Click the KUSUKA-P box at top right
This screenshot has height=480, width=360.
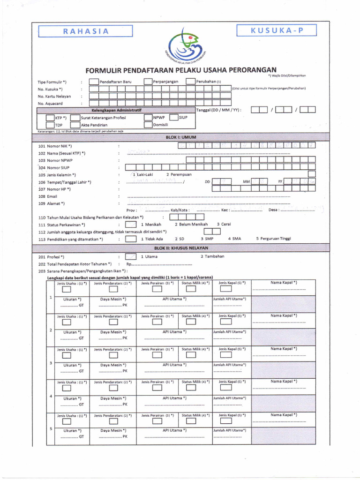[x=277, y=31]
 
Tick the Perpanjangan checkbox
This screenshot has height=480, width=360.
[x=148, y=82]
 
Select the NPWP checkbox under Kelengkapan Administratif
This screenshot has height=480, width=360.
[x=148, y=118]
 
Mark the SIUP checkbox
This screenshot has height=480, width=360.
[x=173, y=118]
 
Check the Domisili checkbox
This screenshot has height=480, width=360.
[x=148, y=125]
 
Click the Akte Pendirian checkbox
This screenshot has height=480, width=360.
[x=75, y=125]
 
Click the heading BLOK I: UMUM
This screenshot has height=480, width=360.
[x=180, y=137]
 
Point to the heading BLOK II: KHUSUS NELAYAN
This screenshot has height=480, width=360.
[x=180, y=247]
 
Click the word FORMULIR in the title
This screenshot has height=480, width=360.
[x=103, y=70]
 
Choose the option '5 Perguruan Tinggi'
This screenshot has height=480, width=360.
[x=273, y=239]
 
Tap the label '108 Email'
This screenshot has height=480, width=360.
[x=48, y=196]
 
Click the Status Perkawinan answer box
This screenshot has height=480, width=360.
[x=131, y=225]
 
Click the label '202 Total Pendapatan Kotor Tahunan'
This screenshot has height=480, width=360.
[x=75, y=264]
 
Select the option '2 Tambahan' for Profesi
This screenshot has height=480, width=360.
[x=212, y=256]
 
